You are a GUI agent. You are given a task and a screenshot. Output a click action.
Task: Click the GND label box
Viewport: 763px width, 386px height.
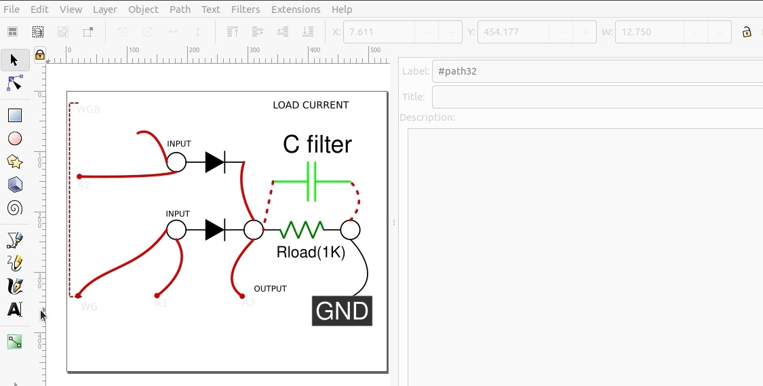point(342,311)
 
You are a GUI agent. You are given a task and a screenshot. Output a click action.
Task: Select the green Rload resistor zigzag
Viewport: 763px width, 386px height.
point(302,230)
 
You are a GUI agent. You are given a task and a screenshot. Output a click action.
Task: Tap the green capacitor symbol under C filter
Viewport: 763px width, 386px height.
point(312,182)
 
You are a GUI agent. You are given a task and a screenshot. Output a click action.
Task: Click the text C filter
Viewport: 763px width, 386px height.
point(317,144)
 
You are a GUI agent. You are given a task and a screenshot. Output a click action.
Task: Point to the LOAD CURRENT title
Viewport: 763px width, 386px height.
point(311,105)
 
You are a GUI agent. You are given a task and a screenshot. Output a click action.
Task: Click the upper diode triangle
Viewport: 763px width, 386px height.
point(214,162)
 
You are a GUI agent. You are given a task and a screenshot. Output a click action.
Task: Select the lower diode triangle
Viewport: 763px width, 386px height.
point(214,230)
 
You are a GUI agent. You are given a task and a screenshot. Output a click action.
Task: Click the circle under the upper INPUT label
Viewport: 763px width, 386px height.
point(176,162)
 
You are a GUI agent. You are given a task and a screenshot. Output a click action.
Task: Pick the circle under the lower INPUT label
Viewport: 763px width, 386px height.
point(176,230)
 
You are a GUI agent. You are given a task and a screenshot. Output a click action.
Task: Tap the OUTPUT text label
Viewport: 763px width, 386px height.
point(270,289)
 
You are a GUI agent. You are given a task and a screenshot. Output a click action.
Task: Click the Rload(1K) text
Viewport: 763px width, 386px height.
point(311,253)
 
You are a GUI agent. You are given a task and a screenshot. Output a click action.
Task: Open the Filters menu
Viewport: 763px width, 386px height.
point(246,9)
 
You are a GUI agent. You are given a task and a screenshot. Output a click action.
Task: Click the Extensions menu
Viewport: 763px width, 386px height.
point(296,9)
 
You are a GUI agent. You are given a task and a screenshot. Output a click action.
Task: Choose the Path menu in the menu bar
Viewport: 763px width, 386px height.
point(180,9)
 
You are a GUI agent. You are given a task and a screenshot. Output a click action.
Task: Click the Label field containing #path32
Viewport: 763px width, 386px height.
point(597,71)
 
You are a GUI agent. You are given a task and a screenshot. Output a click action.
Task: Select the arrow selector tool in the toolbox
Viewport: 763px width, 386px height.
point(14,60)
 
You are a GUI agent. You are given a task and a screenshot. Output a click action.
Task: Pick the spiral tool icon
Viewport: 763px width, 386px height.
point(15,208)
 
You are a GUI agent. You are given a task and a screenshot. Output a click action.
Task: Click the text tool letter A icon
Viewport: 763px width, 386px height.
point(14,309)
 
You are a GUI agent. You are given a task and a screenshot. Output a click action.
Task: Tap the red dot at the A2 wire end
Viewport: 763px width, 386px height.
point(79,176)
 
